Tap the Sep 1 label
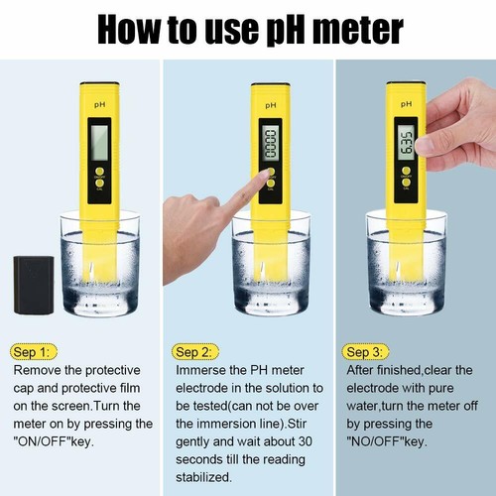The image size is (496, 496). (x=36, y=351)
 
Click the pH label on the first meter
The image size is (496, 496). (x=99, y=103)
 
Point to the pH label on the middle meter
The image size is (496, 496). (x=269, y=103)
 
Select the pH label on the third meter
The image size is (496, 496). (x=407, y=102)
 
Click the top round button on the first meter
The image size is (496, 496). (x=99, y=171)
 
